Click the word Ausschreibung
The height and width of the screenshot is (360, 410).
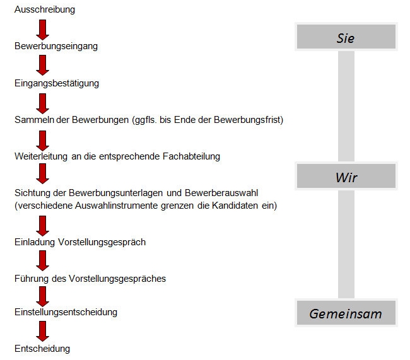pyautogui.click(x=45, y=9)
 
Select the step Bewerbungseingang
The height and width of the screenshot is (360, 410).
pyautogui.click(x=56, y=46)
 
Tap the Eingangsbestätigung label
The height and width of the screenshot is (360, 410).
pyautogui.click(x=57, y=83)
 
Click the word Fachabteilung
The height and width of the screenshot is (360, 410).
pyautogui.click(x=191, y=156)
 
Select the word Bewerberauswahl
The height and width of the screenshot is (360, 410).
pyautogui.click(x=221, y=193)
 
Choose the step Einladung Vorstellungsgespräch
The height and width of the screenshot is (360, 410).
pyautogui.click(x=80, y=242)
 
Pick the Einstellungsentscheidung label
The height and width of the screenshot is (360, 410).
pyautogui.click(x=66, y=312)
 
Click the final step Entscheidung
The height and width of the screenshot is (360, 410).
pyautogui.click(x=42, y=349)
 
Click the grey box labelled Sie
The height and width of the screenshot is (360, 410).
pyautogui.click(x=346, y=37)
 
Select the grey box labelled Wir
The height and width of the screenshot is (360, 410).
pyautogui.click(x=346, y=176)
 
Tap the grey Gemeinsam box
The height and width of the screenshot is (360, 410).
pyautogui.click(x=346, y=313)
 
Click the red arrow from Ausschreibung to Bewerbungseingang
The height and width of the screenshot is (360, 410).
pyautogui.click(x=43, y=30)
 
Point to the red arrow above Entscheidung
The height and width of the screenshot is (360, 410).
pyautogui.click(x=43, y=331)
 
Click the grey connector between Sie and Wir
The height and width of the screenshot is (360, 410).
pyautogui.click(x=346, y=106)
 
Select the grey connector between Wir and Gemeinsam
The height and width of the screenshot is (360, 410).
pyautogui.click(x=346, y=244)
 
